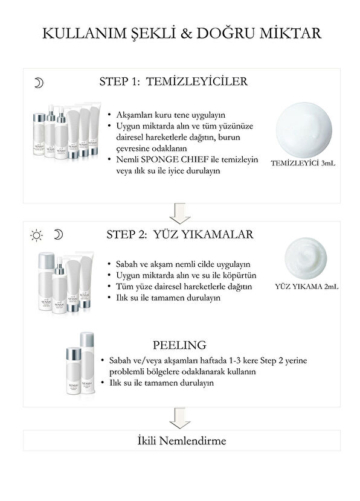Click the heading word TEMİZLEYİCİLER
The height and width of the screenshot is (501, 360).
pyautogui.click(x=206, y=82)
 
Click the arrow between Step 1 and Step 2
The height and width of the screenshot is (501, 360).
pyautogui.click(x=180, y=212)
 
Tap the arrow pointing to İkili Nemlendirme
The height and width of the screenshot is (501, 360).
pyautogui.click(x=180, y=417)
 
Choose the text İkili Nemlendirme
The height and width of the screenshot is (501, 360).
pyautogui.click(x=180, y=441)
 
